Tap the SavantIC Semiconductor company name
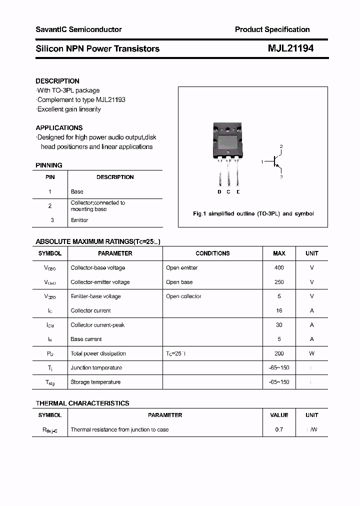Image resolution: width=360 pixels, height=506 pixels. (x=78, y=29)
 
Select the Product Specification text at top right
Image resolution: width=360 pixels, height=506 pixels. (x=272, y=29)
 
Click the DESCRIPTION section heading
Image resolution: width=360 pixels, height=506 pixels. (x=57, y=81)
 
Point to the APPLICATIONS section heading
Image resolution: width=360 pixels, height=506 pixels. (x=59, y=127)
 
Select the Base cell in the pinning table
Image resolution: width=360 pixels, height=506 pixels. (x=77, y=191)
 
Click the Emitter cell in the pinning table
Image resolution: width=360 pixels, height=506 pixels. (x=79, y=220)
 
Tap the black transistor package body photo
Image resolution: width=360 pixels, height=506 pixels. (x=228, y=139)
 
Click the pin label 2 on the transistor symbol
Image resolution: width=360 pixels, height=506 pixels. (x=281, y=146)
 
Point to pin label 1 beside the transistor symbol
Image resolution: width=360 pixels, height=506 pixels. (x=262, y=162)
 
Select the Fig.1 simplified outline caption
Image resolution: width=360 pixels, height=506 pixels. (x=253, y=213)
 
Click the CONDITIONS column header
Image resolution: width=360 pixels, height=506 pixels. (x=212, y=253)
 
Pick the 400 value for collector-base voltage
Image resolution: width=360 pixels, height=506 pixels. (x=279, y=268)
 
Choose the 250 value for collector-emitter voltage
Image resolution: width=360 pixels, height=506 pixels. (x=279, y=282)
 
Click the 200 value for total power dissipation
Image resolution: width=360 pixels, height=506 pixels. (x=279, y=353)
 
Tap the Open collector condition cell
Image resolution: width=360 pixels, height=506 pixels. (x=183, y=296)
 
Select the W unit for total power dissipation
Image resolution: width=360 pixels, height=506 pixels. (x=311, y=353)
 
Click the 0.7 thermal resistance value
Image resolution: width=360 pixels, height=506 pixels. (x=279, y=429)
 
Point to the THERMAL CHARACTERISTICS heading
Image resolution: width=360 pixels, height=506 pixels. (x=82, y=403)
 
